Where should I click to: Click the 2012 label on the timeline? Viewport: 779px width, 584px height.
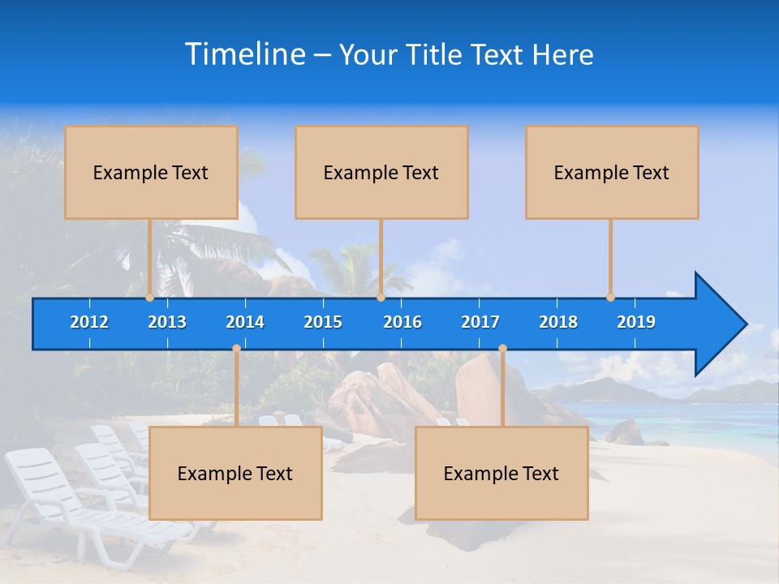pos(89,322)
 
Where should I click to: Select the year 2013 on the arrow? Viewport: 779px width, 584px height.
pos(167,322)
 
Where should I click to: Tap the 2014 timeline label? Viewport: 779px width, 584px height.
pos(245,322)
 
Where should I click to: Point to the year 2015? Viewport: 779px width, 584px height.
pos(323,322)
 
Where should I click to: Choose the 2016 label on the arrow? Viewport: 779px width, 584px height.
pos(402,322)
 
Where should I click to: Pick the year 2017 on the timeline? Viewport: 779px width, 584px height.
pos(480,322)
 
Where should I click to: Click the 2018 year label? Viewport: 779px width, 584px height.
pos(558,322)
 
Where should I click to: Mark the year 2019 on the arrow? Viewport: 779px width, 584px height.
pos(636,322)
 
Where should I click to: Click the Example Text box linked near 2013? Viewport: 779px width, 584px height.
pos(151,172)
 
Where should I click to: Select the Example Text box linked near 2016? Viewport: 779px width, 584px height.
pos(381,172)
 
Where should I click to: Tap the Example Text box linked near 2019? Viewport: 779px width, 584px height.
pos(612,172)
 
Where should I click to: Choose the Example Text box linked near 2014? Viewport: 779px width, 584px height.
pos(235,473)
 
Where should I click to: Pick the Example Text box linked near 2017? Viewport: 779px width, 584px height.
pos(501,473)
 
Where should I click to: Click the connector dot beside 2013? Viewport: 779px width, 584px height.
pos(149,298)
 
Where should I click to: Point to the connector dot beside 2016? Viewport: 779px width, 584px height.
pos(381,298)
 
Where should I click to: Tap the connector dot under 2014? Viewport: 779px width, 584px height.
pos(236,348)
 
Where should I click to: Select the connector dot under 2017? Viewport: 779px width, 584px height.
pos(502,348)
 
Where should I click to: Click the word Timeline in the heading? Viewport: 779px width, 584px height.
pos(245,54)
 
